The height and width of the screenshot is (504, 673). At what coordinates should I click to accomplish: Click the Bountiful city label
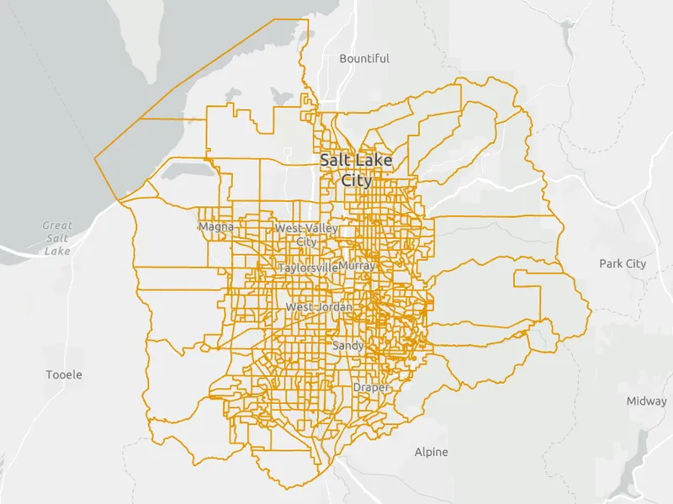pos(364,59)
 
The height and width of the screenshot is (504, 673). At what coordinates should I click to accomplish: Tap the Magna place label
pos(215,227)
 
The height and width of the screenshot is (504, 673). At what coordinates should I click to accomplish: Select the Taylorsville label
pos(308,268)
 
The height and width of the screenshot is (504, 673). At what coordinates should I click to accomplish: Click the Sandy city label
pos(348,346)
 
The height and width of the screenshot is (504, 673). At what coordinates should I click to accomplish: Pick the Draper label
pos(370,387)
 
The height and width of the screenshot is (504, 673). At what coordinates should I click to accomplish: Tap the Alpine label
pos(432,452)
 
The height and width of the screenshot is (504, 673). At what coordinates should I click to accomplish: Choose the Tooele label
pos(65,374)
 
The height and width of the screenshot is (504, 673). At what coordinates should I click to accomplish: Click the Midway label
pos(646,401)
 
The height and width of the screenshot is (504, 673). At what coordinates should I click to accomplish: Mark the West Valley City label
pos(306,235)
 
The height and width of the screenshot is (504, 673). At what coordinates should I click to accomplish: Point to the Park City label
pos(623,263)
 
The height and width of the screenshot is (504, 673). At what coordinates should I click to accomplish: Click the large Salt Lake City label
pos(356,169)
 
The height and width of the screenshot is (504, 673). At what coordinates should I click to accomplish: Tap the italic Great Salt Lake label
pos(57,238)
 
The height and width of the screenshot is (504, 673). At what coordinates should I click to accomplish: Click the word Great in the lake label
pos(58,225)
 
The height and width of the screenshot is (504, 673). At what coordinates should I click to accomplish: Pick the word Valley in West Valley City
pos(321,229)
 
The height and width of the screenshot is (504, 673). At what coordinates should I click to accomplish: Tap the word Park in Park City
pos(612,263)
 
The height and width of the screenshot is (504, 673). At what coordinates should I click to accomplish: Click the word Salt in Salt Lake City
pos(336,160)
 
